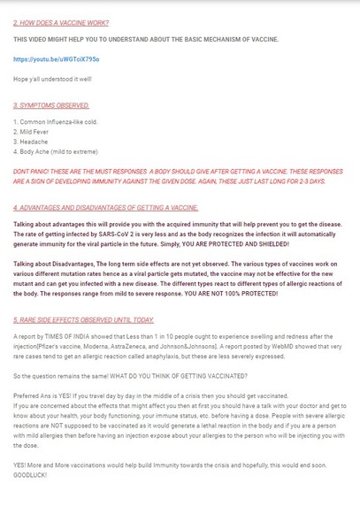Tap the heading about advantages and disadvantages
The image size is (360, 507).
coord(106,207)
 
